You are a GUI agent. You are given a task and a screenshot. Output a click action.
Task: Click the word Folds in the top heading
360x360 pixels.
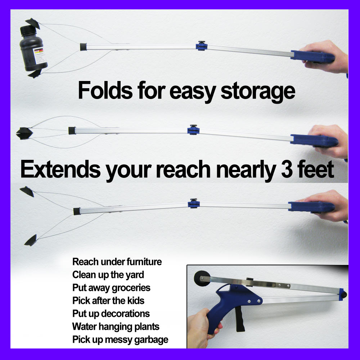coord(105,90)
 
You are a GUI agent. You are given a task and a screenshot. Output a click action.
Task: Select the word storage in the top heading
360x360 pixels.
coord(258,92)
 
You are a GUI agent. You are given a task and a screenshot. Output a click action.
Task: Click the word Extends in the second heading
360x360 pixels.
coord(60,169)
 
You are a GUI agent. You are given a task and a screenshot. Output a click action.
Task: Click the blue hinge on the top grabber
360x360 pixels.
coord(202,46)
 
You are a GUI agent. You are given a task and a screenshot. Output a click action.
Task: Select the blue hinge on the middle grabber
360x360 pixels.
coord(193,130)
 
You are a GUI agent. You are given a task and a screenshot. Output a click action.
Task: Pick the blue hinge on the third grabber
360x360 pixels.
coord(194,204)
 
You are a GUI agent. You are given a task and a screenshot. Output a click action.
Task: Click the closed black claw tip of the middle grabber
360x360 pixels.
coord(24,134)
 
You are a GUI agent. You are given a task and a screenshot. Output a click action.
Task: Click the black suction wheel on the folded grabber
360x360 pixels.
coord(202,278)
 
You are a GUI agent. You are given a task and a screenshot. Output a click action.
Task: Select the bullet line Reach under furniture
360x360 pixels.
coord(117,262)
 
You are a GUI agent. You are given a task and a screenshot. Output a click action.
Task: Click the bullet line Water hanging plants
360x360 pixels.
coord(116,327)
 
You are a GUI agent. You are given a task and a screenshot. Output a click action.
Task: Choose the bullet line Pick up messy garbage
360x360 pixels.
coord(120,340)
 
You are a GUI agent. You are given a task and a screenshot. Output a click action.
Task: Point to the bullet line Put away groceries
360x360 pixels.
coord(111,288)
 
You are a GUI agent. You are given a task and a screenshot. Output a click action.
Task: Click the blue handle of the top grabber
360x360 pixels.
coord(313,57)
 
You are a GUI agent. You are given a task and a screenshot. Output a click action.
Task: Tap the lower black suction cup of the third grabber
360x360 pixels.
coord(31,240)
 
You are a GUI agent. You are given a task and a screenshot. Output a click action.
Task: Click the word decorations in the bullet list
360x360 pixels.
coord(129,314)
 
